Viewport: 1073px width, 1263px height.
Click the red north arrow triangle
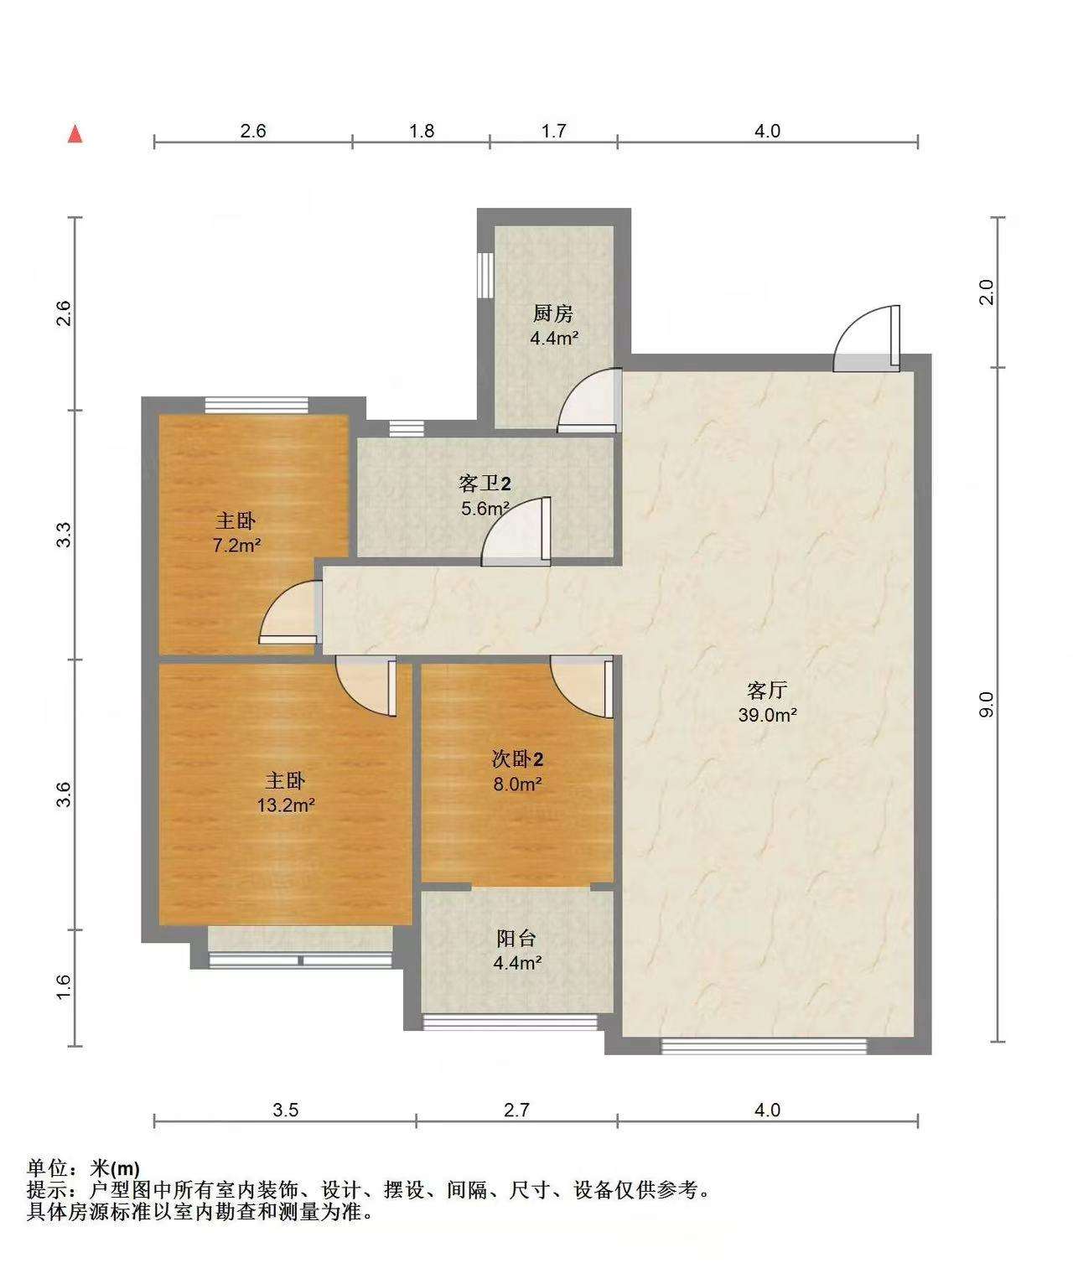[x=75, y=134]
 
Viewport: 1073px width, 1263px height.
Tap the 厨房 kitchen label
[x=553, y=313]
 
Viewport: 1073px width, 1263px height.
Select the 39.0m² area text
[x=767, y=715]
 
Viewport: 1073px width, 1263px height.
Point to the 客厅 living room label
[x=767, y=691]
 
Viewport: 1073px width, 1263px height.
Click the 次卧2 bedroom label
[x=517, y=759]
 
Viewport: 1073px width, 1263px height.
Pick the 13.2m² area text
[x=285, y=805]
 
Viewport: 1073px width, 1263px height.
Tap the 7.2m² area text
[x=236, y=545]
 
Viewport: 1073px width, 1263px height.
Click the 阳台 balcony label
[x=516, y=938]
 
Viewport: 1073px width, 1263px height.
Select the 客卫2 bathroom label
[x=485, y=484]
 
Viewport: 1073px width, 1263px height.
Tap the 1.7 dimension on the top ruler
[x=553, y=131]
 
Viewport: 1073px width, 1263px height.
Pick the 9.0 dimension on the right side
[x=986, y=705]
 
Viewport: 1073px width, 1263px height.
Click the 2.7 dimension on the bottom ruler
[x=516, y=1110]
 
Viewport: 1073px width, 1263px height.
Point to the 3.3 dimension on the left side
[x=65, y=535]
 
